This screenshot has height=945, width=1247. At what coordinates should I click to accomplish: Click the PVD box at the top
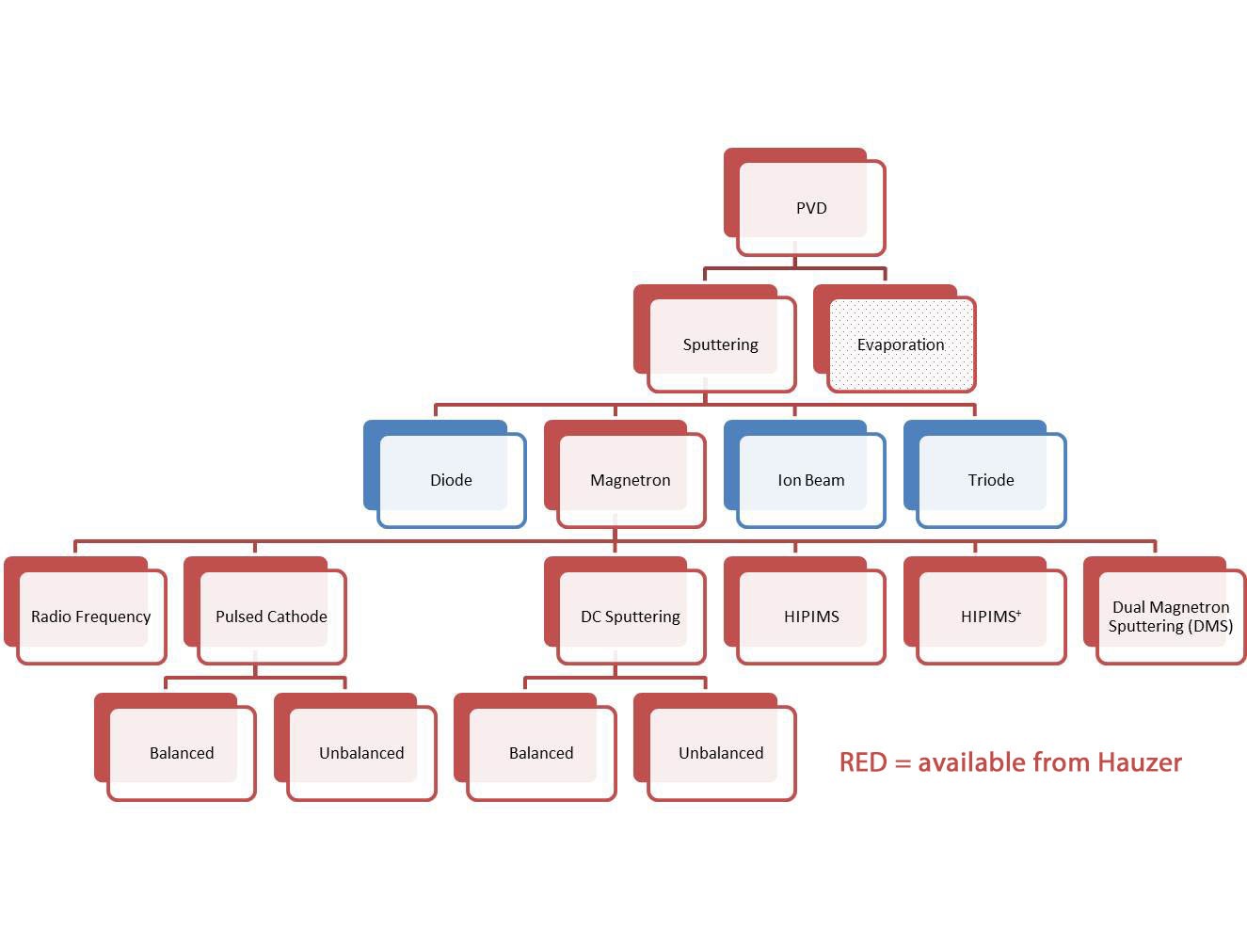coord(805,202)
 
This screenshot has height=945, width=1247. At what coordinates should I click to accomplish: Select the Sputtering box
coord(714,339)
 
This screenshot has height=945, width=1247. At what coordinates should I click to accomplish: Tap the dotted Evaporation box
coord(895,339)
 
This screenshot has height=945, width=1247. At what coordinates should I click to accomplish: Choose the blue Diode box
coord(445,474)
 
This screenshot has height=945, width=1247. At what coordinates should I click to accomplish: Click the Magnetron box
coord(625,474)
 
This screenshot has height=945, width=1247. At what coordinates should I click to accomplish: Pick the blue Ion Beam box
coord(805,474)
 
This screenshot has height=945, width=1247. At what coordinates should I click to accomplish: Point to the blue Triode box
coord(984,474)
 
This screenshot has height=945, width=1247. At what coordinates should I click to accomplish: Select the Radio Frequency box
coord(86,611)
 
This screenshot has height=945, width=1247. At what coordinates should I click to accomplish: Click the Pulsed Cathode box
coord(264,611)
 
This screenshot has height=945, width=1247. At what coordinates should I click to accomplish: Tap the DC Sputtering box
coord(625,611)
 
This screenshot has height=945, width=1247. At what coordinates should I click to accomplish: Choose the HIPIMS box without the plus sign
coord(805,611)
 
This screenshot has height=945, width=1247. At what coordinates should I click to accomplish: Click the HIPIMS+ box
coord(984,611)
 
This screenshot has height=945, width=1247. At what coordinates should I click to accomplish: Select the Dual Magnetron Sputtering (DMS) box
coord(1164,611)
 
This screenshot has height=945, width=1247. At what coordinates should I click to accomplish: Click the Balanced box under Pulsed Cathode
coord(175,746)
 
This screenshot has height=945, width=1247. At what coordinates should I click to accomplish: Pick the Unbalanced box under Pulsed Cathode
coord(355,746)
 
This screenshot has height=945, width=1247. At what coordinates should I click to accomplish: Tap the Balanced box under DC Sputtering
coord(535,746)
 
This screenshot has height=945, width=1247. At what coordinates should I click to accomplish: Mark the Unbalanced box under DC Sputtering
coord(714,746)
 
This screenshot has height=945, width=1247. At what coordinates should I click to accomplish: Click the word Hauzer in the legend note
coord(1140,762)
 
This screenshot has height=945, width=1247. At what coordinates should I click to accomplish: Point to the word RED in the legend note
coord(863,762)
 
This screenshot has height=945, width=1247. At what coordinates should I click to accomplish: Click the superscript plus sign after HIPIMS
coord(1018,612)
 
